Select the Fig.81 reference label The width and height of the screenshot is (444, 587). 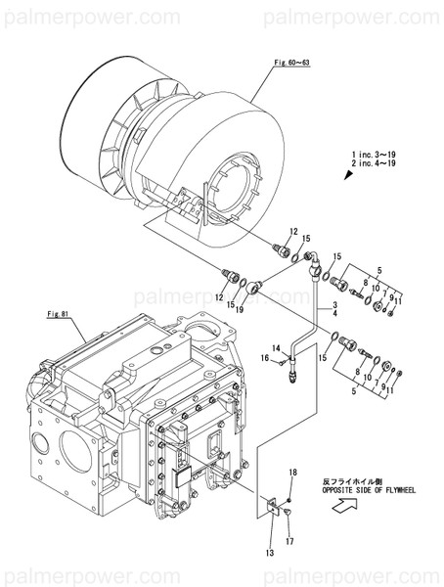(x=61, y=314)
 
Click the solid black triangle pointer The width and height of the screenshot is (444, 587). (x=347, y=176)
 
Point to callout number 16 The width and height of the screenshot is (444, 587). (x=264, y=360)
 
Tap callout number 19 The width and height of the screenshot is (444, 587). (x=239, y=309)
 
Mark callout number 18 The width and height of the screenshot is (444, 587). (x=290, y=473)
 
